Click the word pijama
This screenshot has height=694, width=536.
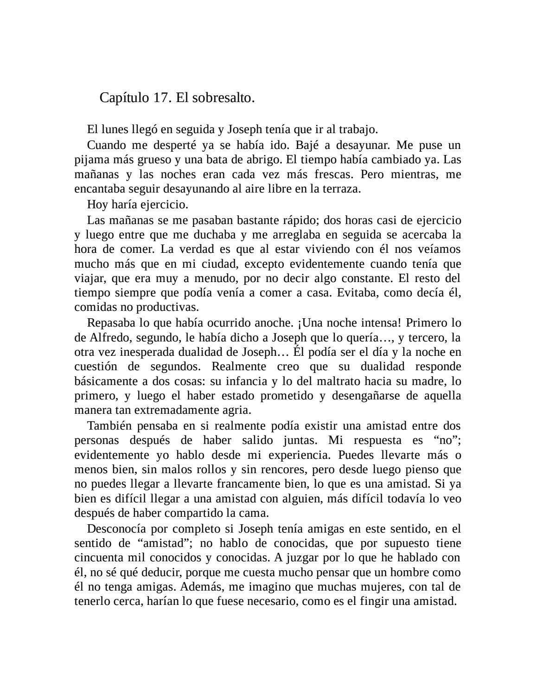click(x=89, y=160)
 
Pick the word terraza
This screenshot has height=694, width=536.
click(x=343, y=189)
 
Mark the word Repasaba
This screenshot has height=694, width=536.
click(x=110, y=322)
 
